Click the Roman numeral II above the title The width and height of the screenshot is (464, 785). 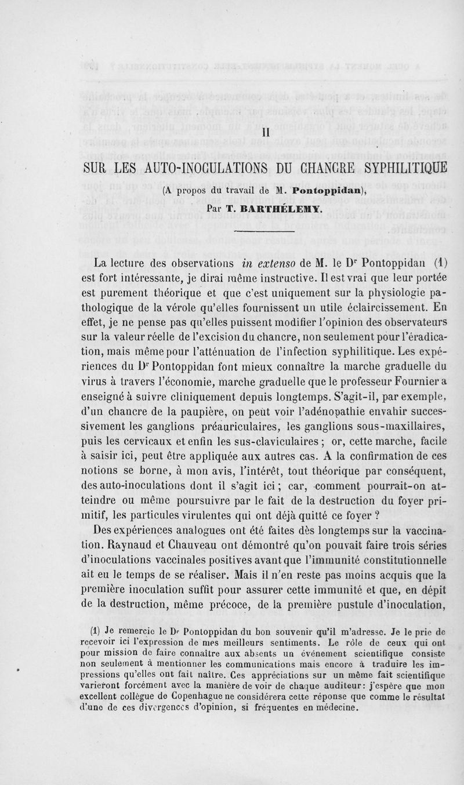[264, 132]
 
